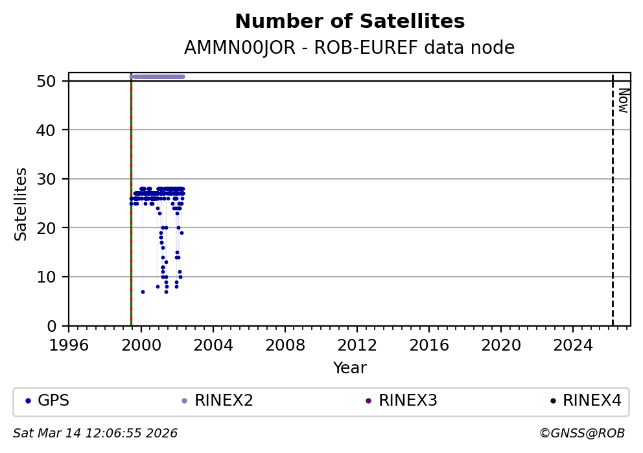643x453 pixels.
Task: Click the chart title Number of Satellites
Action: (349, 22)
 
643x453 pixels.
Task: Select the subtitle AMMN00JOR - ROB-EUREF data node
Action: (349, 48)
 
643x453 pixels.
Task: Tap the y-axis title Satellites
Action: (21, 204)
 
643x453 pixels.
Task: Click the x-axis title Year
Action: (349, 369)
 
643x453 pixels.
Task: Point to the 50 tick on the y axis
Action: (53, 81)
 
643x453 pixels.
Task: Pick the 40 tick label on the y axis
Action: (53, 130)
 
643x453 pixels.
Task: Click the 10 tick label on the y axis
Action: (53, 277)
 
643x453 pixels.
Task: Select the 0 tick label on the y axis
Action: (57, 326)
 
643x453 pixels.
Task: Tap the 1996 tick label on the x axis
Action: (69, 344)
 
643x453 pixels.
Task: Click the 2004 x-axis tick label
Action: (213, 344)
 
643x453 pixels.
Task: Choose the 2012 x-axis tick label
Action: (357, 344)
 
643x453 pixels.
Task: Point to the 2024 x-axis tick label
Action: (573, 344)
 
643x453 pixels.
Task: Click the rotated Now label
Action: (623, 100)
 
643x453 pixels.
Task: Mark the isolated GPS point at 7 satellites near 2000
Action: (143, 292)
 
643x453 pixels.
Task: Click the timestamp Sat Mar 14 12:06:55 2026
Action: (95, 434)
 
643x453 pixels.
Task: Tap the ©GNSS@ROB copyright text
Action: (582, 434)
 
